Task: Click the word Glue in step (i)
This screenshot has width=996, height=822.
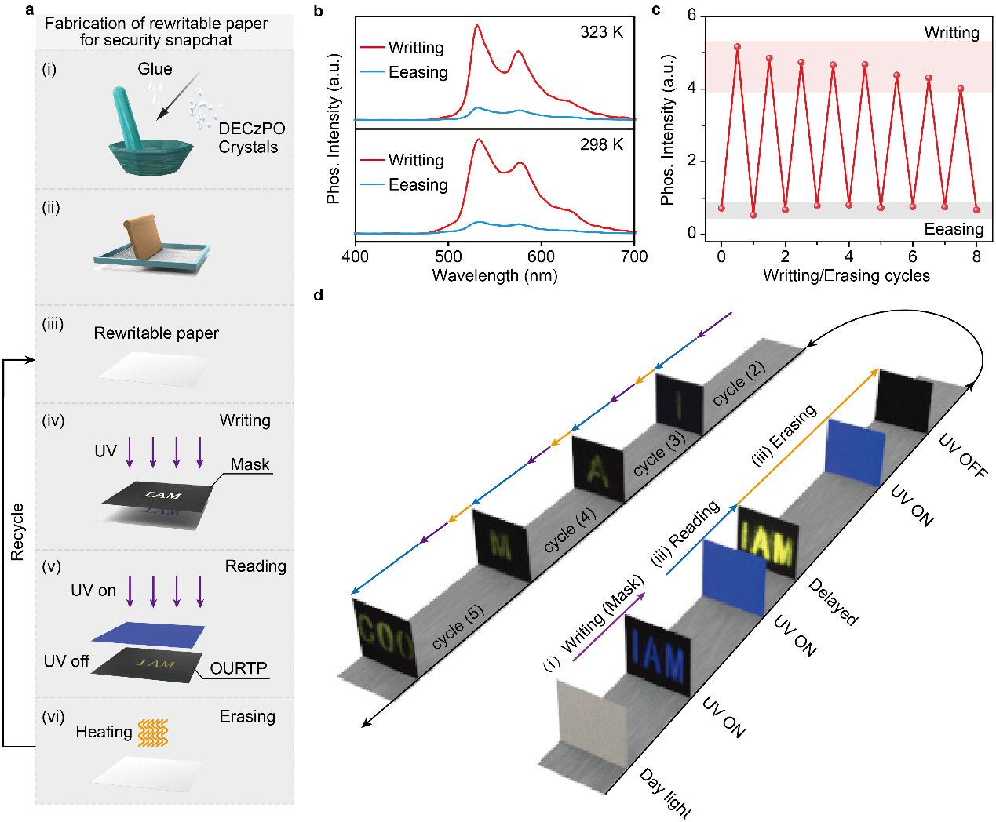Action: [x=155, y=69]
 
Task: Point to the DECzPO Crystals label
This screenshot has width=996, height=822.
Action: [x=250, y=138]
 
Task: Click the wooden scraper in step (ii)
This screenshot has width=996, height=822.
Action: [x=142, y=236]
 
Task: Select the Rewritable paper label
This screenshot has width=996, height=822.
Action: [x=156, y=333]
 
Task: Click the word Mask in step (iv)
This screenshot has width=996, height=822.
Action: [x=250, y=464]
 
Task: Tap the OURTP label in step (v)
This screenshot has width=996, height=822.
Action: [x=239, y=668]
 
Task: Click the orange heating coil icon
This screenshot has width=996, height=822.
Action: [x=153, y=733]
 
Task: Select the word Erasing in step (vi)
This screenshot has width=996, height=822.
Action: [x=247, y=716]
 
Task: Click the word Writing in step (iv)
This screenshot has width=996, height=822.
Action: [x=245, y=420]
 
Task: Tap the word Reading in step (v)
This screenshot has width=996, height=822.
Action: [x=255, y=566]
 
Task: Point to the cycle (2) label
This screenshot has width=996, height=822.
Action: [x=739, y=384]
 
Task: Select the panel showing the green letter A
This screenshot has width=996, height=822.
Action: [x=597, y=468]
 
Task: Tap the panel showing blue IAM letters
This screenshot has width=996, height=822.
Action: [x=658, y=656]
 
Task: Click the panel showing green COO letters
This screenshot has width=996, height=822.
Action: [x=384, y=636]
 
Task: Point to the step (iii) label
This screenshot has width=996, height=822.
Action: [x=53, y=325]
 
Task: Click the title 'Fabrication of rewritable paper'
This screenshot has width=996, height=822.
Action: [x=156, y=24]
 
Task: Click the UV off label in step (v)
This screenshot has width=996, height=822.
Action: [x=67, y=661]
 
